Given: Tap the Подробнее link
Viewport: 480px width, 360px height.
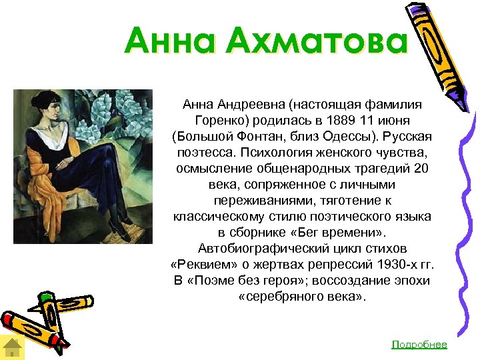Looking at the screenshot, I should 419,344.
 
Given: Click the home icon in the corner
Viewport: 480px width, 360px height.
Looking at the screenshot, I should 13,347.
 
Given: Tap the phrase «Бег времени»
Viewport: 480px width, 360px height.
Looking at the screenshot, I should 346,233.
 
